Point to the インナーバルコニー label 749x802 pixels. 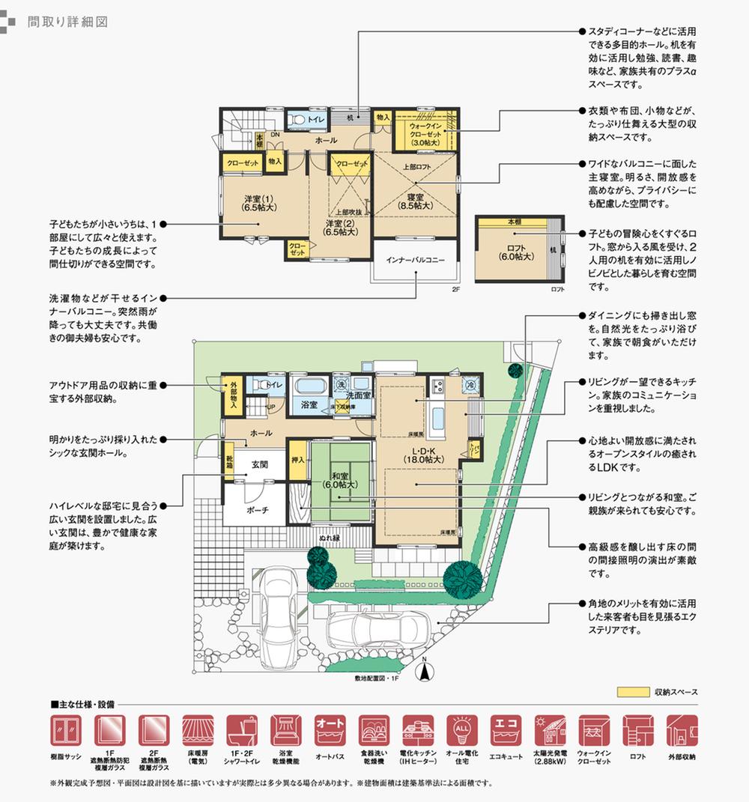(416, 260)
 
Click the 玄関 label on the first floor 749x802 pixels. (259, 464)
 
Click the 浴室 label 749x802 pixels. (309, 404)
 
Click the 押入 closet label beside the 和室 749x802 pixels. (297, 457)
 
